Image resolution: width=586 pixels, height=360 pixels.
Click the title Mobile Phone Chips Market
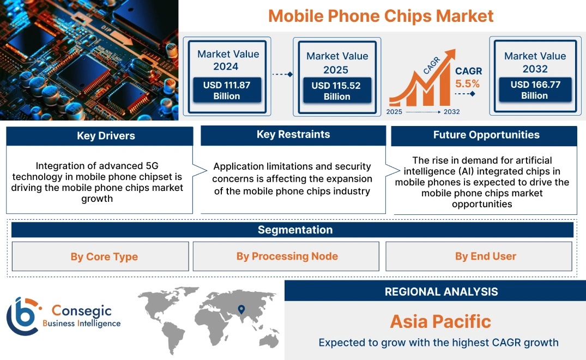point(381,15)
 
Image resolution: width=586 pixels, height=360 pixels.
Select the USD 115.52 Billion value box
point(337,91)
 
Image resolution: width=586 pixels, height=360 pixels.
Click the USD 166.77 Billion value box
point(535,89)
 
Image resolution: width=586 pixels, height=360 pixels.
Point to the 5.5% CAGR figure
point(467,83)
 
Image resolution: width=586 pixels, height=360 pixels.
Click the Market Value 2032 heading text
point(535,62)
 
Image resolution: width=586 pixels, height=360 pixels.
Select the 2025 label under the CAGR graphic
point(395,112)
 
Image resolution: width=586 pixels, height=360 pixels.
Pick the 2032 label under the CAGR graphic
point(451,112)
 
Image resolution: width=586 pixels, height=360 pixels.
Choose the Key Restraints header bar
point(293,135)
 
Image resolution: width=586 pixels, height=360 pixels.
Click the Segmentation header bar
point(295,230)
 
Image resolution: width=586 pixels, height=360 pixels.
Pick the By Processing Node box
point(287,256)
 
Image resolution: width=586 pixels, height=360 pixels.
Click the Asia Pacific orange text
point(440,321)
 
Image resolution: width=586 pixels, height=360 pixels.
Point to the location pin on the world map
point(240,310)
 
